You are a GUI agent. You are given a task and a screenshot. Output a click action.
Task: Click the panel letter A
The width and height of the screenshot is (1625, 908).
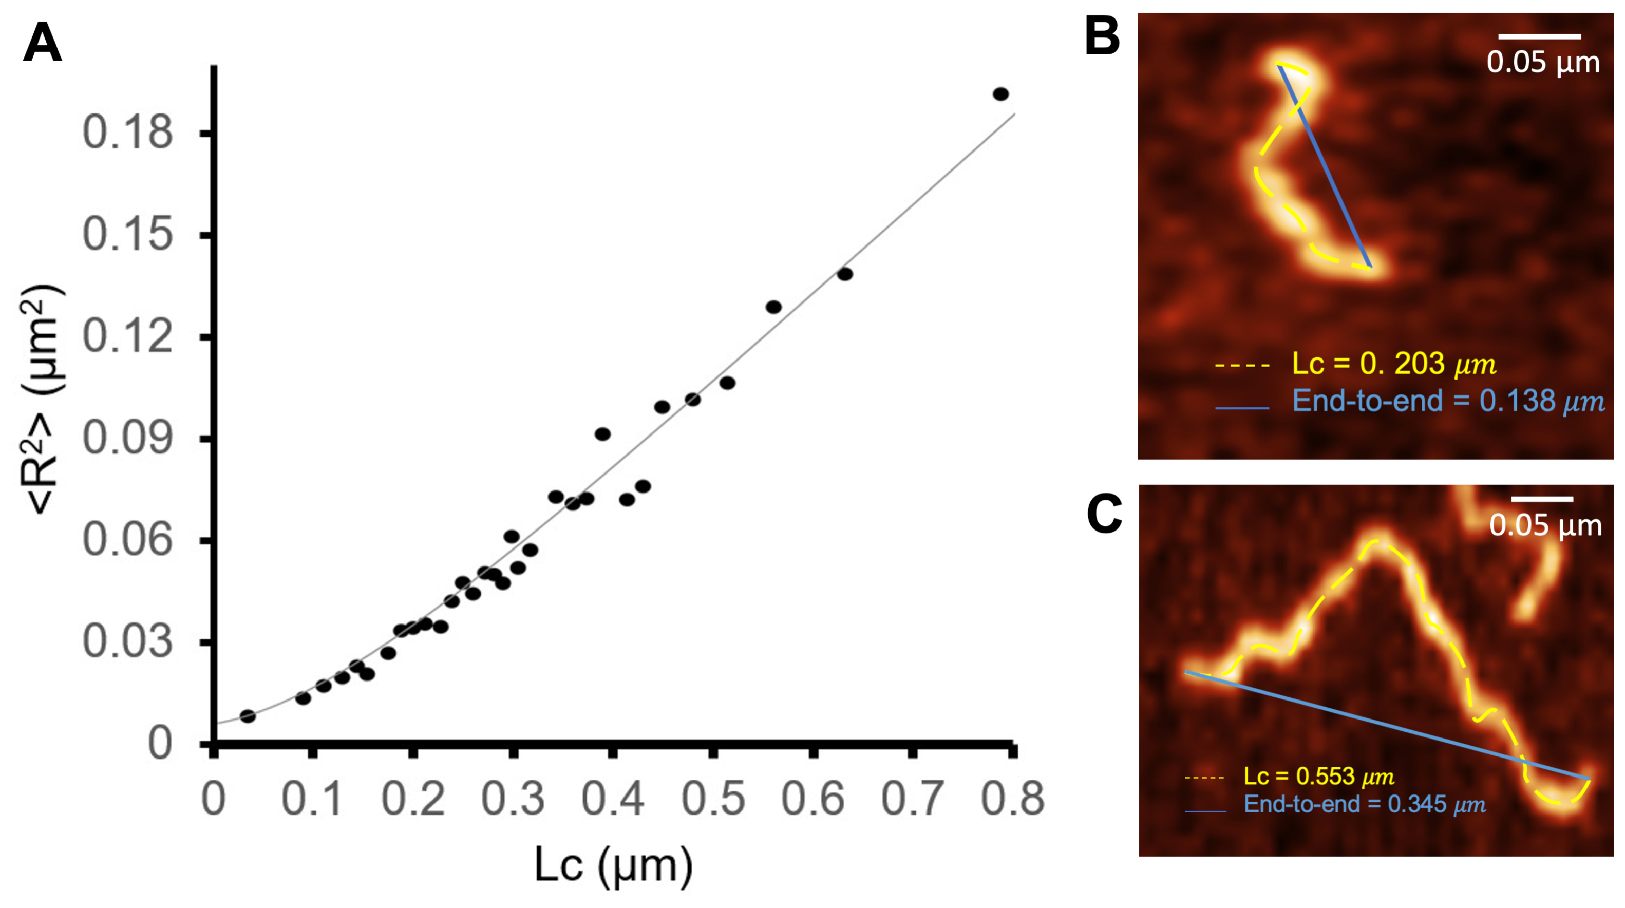click(x=42, y=43)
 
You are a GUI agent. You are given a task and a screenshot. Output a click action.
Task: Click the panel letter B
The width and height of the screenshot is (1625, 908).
click(x=1102, y=36)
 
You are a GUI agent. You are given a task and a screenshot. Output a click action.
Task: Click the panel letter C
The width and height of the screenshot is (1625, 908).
click(x=1104, y=514)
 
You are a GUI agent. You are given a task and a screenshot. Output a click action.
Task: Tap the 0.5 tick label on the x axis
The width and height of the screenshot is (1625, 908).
click(x=713, y=799)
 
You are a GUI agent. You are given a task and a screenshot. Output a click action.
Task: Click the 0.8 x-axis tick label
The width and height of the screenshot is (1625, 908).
click(x=1012, y=799)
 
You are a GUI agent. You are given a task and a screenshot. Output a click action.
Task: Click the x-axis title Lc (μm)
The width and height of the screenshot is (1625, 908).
click(x=613, y=865)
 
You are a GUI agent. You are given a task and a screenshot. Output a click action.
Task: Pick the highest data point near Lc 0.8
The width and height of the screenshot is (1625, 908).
click(x=1000, y=94)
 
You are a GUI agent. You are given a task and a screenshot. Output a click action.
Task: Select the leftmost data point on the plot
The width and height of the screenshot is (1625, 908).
click(x=248, y=716)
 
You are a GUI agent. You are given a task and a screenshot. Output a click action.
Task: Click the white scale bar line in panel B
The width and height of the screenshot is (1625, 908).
click(x=1539, y=36)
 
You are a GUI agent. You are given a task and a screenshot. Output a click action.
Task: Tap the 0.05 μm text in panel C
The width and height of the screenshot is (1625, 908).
click(x=1545, y=525)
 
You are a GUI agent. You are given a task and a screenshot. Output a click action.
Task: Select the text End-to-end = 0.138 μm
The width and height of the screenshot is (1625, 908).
click(x=1448, y=401)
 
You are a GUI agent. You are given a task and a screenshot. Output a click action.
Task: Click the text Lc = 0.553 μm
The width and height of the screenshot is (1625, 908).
click(x=1318, y=777)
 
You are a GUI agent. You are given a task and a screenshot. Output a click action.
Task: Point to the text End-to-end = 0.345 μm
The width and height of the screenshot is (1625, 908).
click(x=1365, y=805)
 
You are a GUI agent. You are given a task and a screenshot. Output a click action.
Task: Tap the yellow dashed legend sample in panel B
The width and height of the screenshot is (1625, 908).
click(x=1241, y=365)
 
